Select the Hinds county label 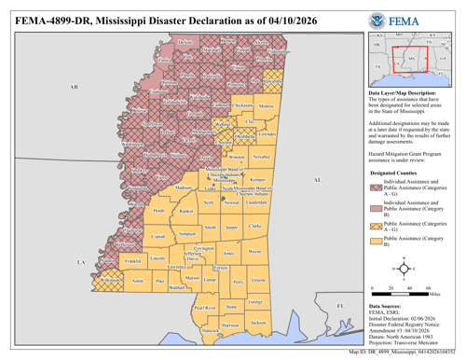tap(158, 210)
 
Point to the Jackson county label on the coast tap(259, 323)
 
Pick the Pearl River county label tap(204, 307)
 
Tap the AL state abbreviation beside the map tap(317, 180)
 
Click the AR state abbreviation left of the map tap(74, 86)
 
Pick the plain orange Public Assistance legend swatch tap(377, 247)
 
